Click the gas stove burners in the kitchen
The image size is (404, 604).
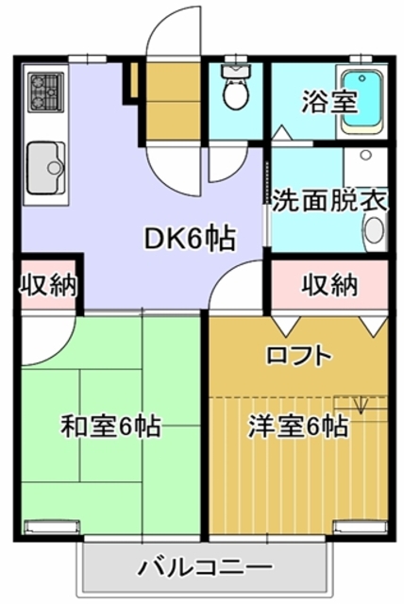(42, 92)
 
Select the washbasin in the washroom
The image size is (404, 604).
(373, 229)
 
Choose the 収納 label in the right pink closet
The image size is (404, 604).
(330, 284)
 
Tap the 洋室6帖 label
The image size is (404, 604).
(297, 426)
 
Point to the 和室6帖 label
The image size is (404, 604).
(110, 427)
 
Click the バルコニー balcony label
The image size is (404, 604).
(205, 567)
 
